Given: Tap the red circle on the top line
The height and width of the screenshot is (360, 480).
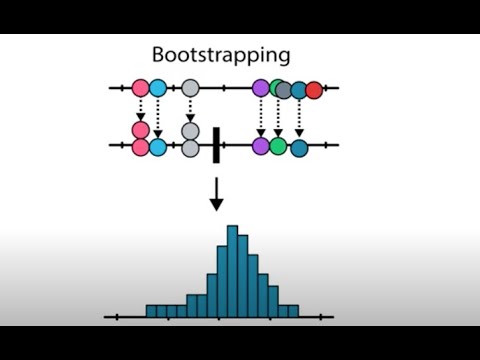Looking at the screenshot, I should point(314,89).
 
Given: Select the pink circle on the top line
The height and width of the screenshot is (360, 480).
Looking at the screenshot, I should point(141,89).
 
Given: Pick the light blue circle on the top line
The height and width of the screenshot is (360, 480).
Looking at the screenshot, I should point(158,89).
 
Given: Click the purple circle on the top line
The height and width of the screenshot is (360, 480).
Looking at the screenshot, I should point(262,89).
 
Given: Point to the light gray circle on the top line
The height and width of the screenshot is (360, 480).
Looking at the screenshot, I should point(191,89).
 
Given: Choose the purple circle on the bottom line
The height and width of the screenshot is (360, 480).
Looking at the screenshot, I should point(262,146).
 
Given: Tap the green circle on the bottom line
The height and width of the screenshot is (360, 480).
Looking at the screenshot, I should point(278,146).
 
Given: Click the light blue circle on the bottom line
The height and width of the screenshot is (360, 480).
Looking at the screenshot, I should point(158,147).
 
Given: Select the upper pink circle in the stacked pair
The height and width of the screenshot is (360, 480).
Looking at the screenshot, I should point(141,130).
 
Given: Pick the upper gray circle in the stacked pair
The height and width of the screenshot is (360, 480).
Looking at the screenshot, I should point(191,130).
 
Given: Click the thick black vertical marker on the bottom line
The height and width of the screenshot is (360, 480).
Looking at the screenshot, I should point(216,145).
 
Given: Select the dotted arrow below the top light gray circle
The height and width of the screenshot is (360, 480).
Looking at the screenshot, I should point(191,108).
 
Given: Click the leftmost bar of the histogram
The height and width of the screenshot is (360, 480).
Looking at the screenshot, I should point(152,312).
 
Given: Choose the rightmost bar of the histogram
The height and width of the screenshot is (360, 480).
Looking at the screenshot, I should point(292,312).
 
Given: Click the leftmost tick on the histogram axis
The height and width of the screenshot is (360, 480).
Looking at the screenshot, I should point(119,318).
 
